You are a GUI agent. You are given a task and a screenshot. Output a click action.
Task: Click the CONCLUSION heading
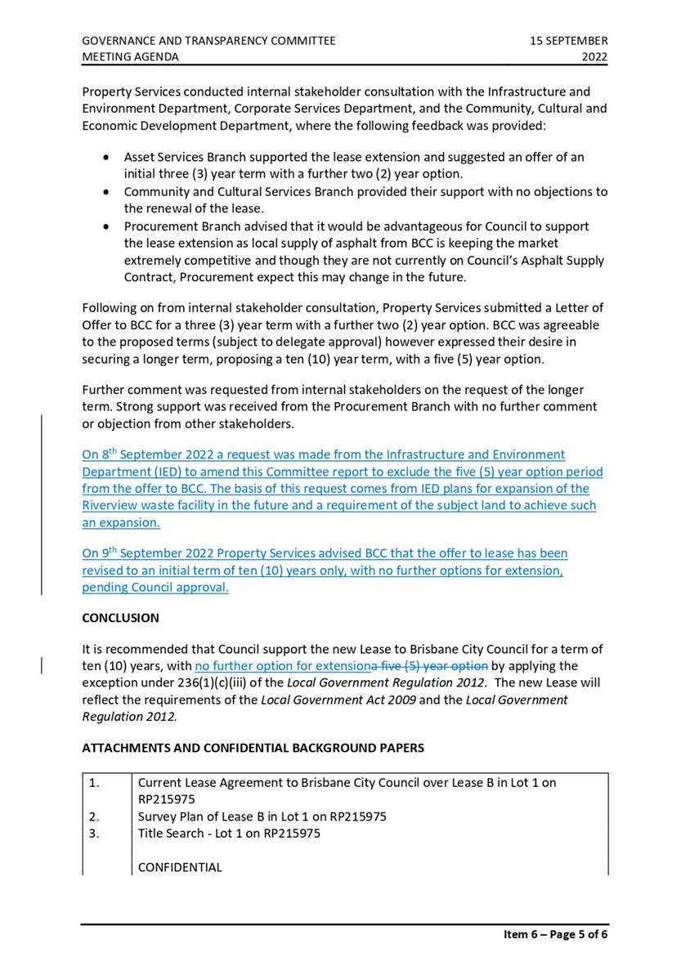(x=120, y=618)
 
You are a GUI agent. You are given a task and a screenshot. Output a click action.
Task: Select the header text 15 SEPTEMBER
(x=568, y=40)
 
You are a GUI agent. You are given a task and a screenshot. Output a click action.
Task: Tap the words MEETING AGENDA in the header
(x=130, y=56)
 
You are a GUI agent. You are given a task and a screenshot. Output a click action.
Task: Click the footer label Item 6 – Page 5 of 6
(x=555, y=935)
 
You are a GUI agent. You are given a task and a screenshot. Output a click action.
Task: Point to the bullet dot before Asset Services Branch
(x=106, y=157)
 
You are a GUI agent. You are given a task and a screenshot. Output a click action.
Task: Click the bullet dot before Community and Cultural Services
(x=106, y=192)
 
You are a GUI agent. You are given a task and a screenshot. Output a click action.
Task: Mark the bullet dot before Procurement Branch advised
(x=106, y=226)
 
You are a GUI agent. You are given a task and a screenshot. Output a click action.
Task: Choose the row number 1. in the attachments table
(x=94, y=782)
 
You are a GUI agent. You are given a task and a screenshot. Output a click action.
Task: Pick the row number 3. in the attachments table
(x=94, y=833)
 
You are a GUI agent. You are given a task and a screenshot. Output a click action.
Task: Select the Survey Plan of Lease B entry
(x=262, y=816)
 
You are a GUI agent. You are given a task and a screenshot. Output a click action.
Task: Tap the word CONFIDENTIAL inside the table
(x=180, y=867)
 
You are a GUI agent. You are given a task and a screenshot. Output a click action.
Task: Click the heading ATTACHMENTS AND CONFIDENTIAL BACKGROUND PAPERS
(x=253, y=747)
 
